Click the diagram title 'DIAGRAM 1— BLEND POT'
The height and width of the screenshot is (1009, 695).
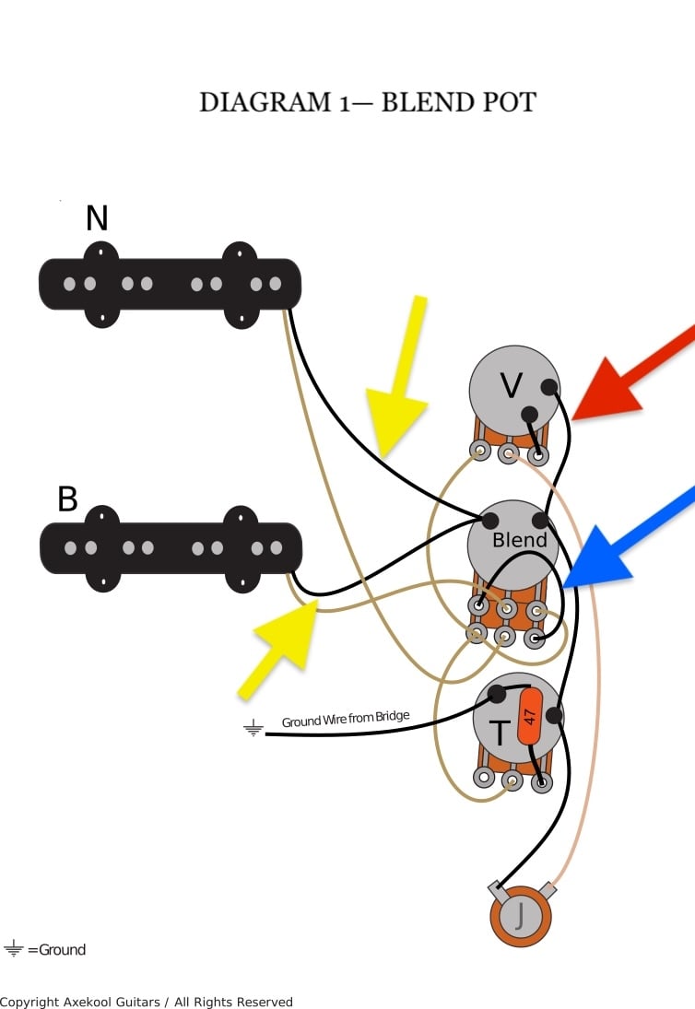click(368, 102)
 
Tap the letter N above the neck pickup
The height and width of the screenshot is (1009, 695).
click(97, 218)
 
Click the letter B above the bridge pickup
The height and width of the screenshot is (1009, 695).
click(67, 499)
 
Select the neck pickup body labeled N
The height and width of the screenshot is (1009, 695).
click(170, 285)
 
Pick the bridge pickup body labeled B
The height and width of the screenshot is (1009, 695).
click(171, 549)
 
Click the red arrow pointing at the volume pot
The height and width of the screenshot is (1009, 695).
click(634, 373)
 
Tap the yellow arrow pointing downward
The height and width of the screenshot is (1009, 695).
click(397, 377)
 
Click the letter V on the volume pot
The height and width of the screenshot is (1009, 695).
click(511, 386)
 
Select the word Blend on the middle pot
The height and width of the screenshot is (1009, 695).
click(519, 540)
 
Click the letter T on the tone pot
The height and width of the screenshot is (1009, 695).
click(500, 733)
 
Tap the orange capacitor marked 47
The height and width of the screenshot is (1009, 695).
click(530, 716)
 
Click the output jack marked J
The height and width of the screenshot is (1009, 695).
click(521, 916)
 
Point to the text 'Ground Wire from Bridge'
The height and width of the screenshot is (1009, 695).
click(346, 718)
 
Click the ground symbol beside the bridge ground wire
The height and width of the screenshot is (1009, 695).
click(253, 728)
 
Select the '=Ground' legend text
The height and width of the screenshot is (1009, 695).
click(56, 950)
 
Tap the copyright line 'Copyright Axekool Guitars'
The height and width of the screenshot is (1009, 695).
click(80, 1002)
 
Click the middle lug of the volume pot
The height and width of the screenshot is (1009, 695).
click(509, 453)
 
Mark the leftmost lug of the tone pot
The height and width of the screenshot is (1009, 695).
click(484, 778)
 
